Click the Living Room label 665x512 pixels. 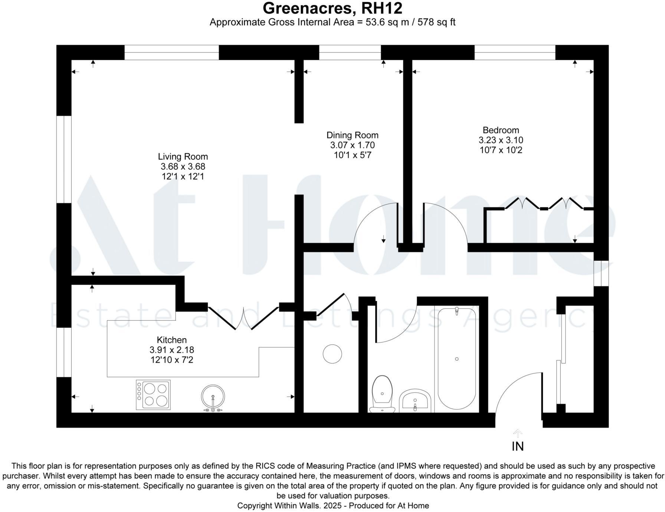[183, 157]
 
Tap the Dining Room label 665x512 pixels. [352, 135]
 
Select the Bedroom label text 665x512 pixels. [501, 130]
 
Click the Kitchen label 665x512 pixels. [171, 340]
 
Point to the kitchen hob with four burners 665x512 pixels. [153, 395]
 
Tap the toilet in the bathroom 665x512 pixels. [382, 394]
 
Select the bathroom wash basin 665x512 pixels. [415, 401]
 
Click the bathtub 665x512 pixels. [457, 358]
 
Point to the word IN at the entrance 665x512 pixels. [518, 447]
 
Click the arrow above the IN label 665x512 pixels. [518, 433]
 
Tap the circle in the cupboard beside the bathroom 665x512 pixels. [332, 354]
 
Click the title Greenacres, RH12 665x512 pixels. [332, 8]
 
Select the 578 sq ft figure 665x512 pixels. [436, 22]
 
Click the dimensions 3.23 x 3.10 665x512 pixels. [501, 140]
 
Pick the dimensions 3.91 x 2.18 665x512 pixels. [171, 350]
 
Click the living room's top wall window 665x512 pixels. [171, 52]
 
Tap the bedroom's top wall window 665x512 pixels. [515, 52]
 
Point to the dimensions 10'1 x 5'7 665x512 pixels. [352, 155]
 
